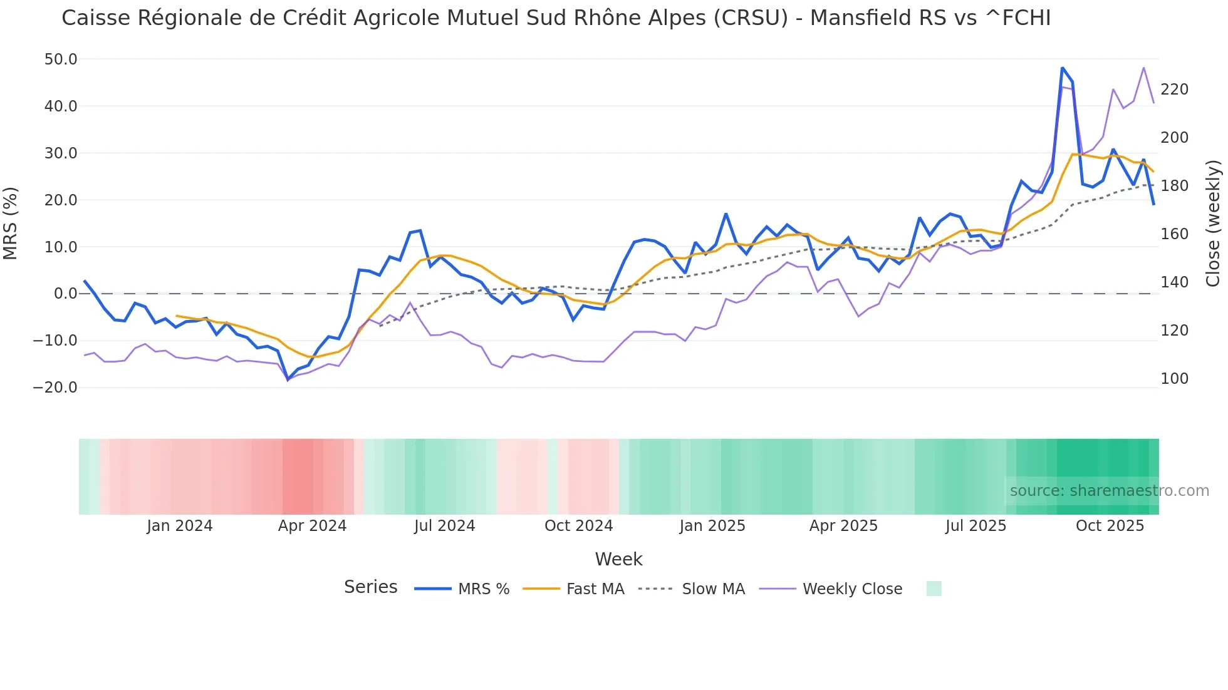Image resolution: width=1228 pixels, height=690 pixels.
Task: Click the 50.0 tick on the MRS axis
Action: (x=61, y=59)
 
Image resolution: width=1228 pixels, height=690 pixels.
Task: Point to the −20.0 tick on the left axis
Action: (x=55, y=388)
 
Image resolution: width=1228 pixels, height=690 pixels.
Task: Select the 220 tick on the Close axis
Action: (x=1174, y=90)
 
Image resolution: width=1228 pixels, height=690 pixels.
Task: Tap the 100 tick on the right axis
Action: (x=1174, y=379)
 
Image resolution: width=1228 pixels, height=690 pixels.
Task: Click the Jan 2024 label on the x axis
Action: (x=180, y=526)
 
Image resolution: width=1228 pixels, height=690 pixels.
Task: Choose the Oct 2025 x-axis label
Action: (x=1110, y=526)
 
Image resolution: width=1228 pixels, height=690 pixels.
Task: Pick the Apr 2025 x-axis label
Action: (x=843, y=526)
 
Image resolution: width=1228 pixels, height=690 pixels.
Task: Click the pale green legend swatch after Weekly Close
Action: (x=934, y=589)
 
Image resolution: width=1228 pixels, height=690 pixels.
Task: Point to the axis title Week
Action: (x=618, y=559)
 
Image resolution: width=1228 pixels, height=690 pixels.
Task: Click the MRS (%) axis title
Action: (x=11, y=223)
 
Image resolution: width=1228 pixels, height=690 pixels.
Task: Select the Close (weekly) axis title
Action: (x=1213, y=223)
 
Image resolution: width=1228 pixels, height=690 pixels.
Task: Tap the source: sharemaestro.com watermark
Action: (x=1109, y=491)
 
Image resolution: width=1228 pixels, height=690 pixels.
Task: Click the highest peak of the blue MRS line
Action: (x=1063, y=68)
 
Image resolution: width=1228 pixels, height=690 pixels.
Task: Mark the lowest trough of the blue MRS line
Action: (x=288, y=379)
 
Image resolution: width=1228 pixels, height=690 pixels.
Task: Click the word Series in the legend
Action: (x=370, y=587)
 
